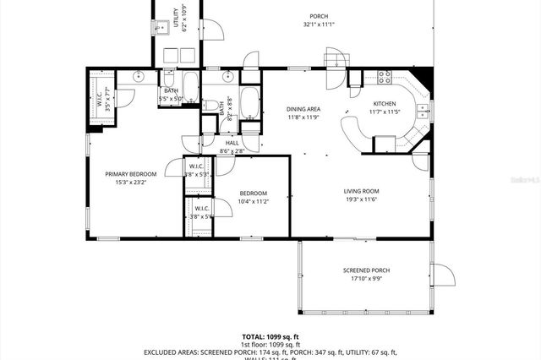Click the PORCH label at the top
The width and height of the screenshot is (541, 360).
point(319,16)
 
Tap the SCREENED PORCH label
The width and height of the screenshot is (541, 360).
point(366,270)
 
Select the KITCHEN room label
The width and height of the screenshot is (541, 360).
point(383,103)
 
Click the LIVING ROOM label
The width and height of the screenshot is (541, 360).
point(361,191)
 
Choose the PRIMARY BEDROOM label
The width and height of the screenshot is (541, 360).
point(131,174)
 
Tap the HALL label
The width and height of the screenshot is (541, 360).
point(232,143)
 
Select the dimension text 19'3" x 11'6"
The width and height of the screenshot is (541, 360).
point(361,199)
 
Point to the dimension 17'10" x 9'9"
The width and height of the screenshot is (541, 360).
point(366,279)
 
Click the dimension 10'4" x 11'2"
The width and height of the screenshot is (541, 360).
point(253,201)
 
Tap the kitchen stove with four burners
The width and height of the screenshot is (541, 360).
point(385,75)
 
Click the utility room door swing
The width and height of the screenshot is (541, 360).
point(213,30)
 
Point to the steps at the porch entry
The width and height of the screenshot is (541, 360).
point(336,59)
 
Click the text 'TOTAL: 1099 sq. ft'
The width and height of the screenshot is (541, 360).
point(270,336)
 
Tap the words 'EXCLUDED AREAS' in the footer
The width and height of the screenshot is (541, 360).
point(173,352)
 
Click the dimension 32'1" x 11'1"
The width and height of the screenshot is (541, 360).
point(319,25)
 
